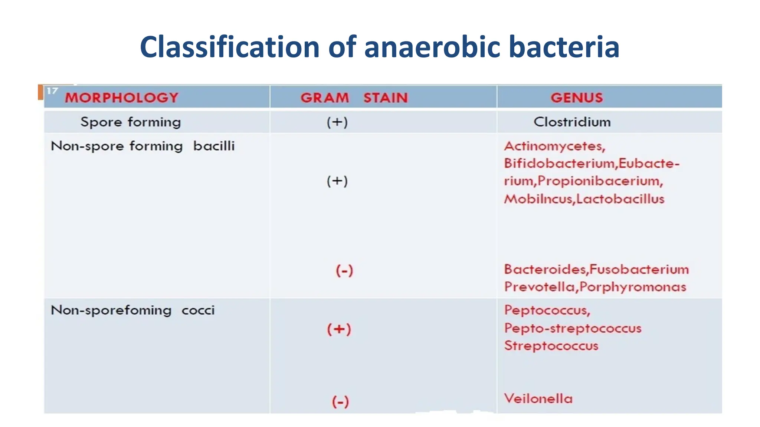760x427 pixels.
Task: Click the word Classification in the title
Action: tap(230, 47)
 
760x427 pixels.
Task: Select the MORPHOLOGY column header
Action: tap(122, 98)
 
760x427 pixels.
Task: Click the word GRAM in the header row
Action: tap(325, 98)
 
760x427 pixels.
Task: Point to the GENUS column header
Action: tap(577, 98)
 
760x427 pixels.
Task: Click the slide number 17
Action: tap(52, 91)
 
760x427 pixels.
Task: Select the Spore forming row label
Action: tap(131, 122)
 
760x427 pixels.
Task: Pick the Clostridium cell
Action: tap(572, 122)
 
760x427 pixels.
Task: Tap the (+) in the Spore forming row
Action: tap(337, 122)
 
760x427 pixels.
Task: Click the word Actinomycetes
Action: tap(554, 146)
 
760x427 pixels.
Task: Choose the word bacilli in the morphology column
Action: tap(214, 146)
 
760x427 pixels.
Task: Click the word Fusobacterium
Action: tap(639, 269)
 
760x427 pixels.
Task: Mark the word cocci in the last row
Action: tap(198, 310)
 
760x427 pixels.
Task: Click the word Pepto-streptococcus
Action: tap(573, 328)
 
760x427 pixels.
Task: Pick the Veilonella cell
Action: tap(538, 399)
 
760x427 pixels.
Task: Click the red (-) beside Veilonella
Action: tap(340, 401)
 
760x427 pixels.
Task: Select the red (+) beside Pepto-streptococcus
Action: tap(339, 329)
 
